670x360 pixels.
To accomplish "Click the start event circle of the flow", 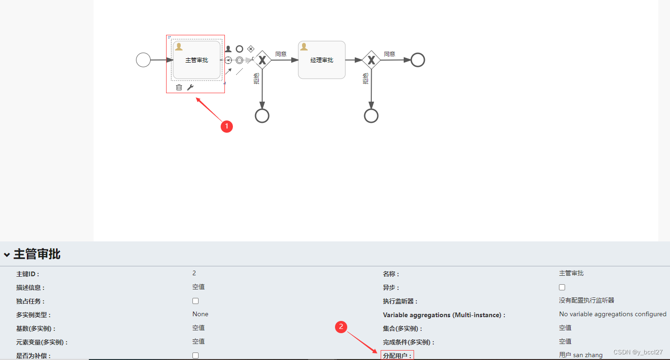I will pyautogui.click(x=144, y=60).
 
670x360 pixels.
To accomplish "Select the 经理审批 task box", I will pyautogui.click(x=322, y=60).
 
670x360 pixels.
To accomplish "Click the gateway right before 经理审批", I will pyautogui.click(x=262, y=60).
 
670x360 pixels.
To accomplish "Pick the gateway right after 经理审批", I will pyautogui.click(x=371, y=60).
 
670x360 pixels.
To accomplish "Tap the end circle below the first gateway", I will pyautogui.click(x=262, y=115).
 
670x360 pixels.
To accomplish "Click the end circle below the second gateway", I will pyautogui.click(x=371, y=115).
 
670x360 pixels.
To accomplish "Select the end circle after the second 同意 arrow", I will pyautogui.click(x=417, y=60).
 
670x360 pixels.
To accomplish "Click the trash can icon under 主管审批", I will pyautogui.click(x=179, y=87).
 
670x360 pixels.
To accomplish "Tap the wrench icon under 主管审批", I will pyautogui.click(x=190, y=87).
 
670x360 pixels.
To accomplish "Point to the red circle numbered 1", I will pyautogui.click(x=227, y=126).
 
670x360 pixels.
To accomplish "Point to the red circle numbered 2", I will pyautogui.click(x=341, y=327).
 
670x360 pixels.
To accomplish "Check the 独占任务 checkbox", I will pyautogui.click(x=196, y=301).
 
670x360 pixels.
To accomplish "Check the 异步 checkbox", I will pyautogui.click(x=562, y=287).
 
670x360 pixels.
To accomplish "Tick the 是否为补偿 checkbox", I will pyautogui.click(x=196, y=355).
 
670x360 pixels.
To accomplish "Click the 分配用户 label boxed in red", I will pyautogui.click(x=397, y=355).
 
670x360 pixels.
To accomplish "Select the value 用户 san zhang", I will pyautogui.click(x=581, y=355).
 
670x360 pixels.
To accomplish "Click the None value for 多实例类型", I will pyautogui.click(x=200, y=314).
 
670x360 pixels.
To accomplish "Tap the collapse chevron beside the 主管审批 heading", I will pyautogui.click(x=7, y=255).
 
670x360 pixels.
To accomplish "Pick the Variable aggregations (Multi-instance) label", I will pyautogui.click(x=444, y=315).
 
